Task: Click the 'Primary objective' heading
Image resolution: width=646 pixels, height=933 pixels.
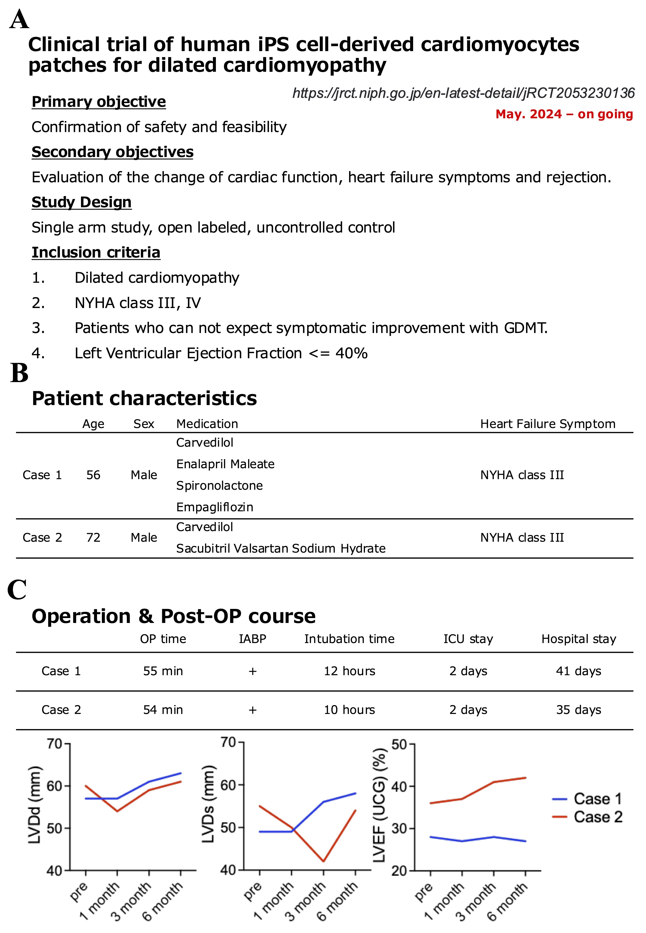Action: pos(98,102)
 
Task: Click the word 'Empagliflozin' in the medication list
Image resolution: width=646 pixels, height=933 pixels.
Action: pos(214,507)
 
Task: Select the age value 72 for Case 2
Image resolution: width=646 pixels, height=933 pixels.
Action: pos(93,537)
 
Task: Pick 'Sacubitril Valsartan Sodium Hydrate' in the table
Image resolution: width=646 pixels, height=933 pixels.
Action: pos(281,548)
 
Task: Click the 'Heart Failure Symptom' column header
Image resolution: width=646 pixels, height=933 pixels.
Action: pos(548,424)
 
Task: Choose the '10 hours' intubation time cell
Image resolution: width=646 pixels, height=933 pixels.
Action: pos(349,710)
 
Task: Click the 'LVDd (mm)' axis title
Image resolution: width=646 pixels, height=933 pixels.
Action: pos(35,805)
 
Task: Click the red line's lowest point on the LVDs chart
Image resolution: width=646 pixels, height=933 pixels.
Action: pos(323,861)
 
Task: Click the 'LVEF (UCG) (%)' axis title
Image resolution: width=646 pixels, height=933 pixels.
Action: pos(379,805)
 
